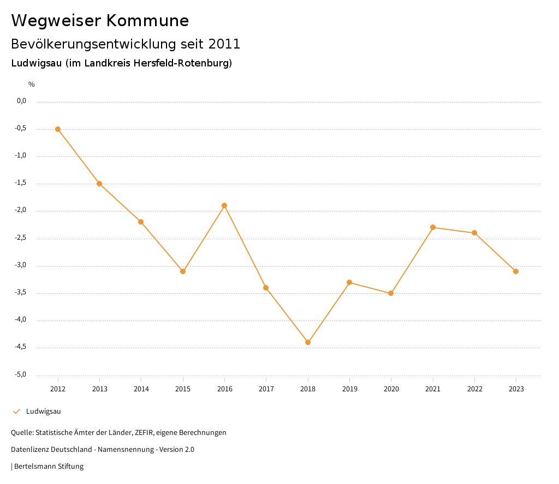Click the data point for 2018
(x=308, y=342)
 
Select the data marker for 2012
(x=58, y=129)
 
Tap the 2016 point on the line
(x=224, y=205)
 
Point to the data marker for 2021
(x=433, y=227)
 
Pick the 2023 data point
(x=516, y=271)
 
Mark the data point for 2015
(x=183, y=271)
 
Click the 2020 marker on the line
(x=391, y=293)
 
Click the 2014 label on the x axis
(x=141, y=389)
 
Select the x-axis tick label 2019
(x=349, y=389)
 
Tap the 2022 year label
(x=474, y=389)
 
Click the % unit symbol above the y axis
(x=32, y=84)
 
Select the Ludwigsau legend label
(x=43, y=412)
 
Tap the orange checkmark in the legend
(x=16, y=412)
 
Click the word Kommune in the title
(x=147, y=21)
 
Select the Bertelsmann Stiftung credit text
(x=49, y=467)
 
